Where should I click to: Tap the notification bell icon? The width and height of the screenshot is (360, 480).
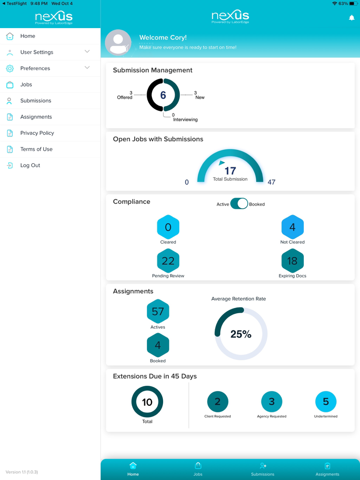pyautogui.click(x=352, y=18)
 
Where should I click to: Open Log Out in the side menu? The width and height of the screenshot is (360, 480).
pyautogui.click(x=30, y=166)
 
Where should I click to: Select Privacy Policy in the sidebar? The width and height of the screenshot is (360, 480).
pyautogui.click(x=37, y=133)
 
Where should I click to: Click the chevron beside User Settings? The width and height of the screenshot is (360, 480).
pyautogui.click(x=87, y=51)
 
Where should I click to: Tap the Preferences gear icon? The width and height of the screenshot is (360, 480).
pyautogui.click(x=10, y=68)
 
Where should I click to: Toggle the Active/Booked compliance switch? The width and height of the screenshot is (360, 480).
pyautogui.click(x=239, y=204)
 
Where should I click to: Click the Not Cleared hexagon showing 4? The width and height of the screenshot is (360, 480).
pyautogui.click(x=292, y=227)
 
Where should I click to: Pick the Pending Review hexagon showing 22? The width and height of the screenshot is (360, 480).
pyautogui.click(x=168, y=261)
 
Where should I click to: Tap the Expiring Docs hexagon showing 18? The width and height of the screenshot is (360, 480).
pyautogui.click(x=292, y=261)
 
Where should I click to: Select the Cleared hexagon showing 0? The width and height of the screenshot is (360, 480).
pyautogui.click(x=168, y=227)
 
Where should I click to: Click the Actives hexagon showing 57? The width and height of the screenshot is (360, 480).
pyautogui.click(x=158, y=311)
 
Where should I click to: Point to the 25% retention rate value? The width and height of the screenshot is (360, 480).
pyautogui.click(x=241, y=334)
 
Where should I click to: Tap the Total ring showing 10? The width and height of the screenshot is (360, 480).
pyautogui.click(x=147, y=402)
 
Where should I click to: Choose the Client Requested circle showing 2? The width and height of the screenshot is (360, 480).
pyautogui.click(x=217, y=402)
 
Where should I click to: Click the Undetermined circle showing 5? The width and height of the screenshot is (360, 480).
pyautogui.click(x=326, y=402)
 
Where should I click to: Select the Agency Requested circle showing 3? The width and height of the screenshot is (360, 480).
pyautogui.click(x=272, y=402)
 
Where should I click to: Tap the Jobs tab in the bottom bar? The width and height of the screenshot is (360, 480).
pyautogui.click(x=198, y=469)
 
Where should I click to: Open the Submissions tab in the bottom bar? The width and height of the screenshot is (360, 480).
pyautogui.click(x=263, y=469)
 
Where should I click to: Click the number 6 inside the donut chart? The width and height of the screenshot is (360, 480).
pyautogui.click(x=163, y=95)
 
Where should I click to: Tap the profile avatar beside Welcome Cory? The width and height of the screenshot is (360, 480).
pyautogui.click(x=118, y=42)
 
